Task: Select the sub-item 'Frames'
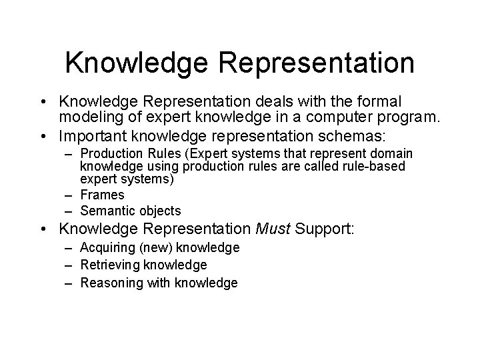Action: tap(102, 195)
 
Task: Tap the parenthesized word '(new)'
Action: tap(151, 248)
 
